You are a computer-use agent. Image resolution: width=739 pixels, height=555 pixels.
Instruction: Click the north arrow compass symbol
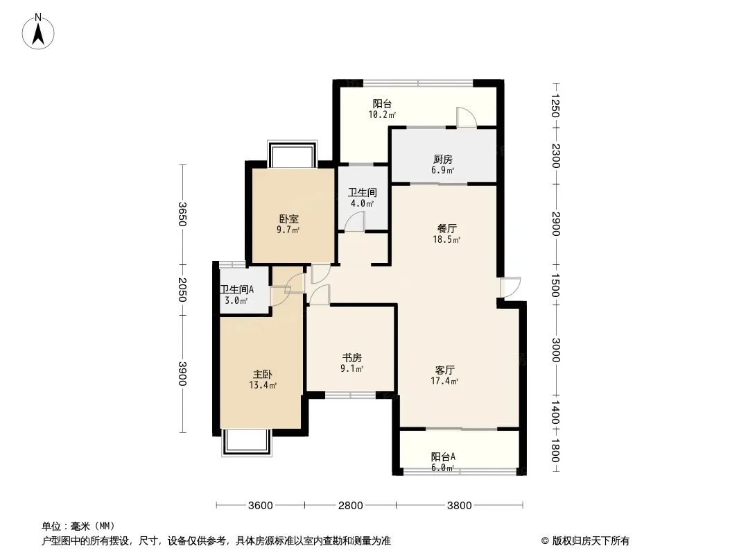[38, 32]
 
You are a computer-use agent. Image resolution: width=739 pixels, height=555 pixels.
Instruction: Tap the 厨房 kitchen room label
[442, 160]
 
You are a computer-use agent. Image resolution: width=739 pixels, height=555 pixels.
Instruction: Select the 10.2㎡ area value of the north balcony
[382, 114]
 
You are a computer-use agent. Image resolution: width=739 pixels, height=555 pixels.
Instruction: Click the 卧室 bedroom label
[289, 219]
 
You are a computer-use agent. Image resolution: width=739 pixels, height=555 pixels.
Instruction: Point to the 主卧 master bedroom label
[263, 375]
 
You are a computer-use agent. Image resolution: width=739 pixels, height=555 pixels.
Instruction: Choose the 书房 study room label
[352, 358]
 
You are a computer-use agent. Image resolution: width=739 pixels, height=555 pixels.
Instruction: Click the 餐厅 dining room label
[446, 229]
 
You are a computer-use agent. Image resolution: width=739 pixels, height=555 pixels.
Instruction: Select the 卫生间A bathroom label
[237, 289]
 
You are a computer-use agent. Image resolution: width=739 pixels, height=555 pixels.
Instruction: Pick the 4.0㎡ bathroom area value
[362, 204]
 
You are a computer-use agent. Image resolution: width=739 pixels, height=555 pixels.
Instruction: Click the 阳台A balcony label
[443, 457]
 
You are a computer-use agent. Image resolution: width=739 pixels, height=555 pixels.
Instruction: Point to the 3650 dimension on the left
[182, 214]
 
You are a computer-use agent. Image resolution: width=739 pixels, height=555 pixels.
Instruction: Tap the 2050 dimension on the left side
[182, 289]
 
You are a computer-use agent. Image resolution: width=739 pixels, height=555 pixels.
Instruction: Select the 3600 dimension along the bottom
[261, 506]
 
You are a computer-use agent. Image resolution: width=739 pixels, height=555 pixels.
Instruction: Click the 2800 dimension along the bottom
[351, 506]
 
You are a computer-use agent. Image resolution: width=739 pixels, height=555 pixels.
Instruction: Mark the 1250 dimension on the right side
[556, 105]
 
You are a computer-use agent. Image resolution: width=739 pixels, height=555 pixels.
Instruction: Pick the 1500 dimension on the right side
[556, 286]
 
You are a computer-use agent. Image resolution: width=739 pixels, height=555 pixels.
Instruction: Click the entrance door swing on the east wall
[510, 287]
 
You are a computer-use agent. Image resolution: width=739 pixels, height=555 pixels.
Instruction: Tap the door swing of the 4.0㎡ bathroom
[354, 221]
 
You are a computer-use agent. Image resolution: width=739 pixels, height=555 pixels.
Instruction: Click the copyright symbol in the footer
[545, 541]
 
